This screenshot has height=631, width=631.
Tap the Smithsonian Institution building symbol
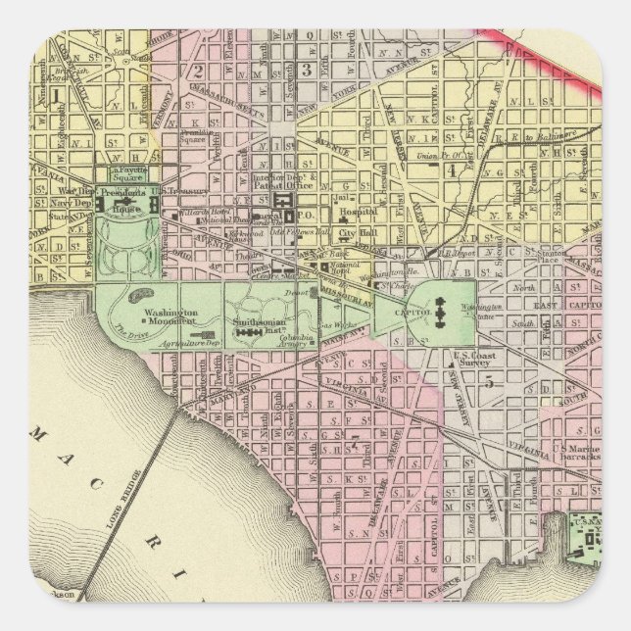[x=243, y=334]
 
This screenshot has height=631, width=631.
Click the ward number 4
[x=452, y=170]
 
